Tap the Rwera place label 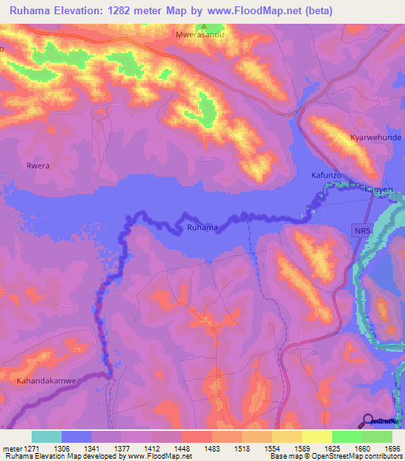pyautogui.click(x=37, y=166)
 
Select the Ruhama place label pyautogui.click(x=202, y=228)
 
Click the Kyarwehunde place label pyautogui.click(x=376, y=137)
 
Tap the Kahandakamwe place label pyautogui.click(x=47, y=381)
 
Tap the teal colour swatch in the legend pyautogui.click(x=47, y=436)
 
